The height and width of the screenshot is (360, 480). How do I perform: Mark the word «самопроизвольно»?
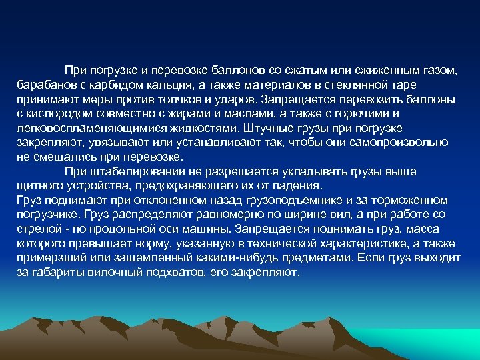(x=405, y=143)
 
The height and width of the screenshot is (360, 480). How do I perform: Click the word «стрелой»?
(x=39, y=229)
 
